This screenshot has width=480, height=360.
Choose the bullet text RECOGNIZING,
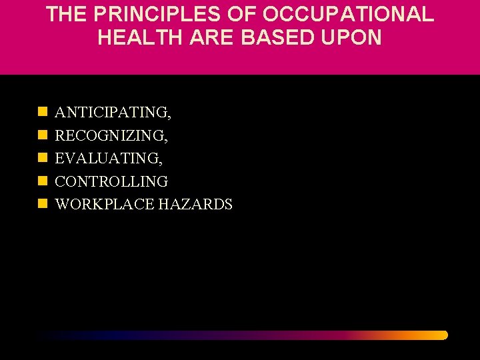pos(111,136)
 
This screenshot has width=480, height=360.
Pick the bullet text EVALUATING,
pos(109,159)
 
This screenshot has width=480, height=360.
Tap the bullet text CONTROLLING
pos(111,181)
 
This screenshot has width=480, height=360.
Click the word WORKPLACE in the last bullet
pos(105,204)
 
